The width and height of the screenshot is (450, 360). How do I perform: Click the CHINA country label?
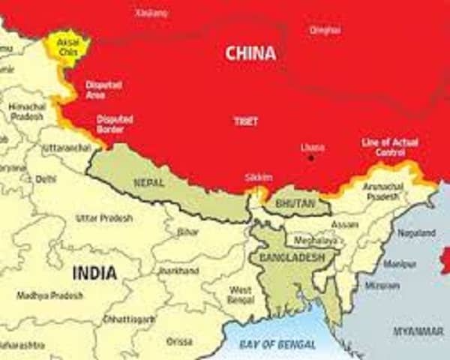pos(250,53)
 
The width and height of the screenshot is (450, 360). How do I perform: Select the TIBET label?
pos(245,120)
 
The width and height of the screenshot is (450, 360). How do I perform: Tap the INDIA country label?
pos(94,273)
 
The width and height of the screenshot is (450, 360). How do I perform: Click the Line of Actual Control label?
pos(390,147)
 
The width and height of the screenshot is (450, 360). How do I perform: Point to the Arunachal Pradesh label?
pos(383,191)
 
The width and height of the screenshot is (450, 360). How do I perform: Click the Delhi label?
pos(46,179)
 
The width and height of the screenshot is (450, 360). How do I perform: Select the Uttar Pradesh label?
pos(104,218)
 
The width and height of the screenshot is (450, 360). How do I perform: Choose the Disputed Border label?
pos(115,124)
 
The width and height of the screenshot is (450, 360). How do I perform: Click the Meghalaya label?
pos(315,241)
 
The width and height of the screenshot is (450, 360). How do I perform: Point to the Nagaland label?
pos(415,233)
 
